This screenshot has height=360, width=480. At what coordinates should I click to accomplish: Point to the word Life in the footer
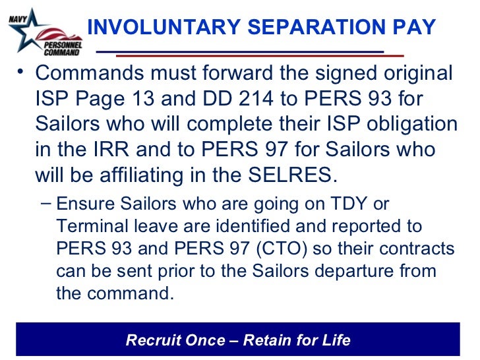337,340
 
